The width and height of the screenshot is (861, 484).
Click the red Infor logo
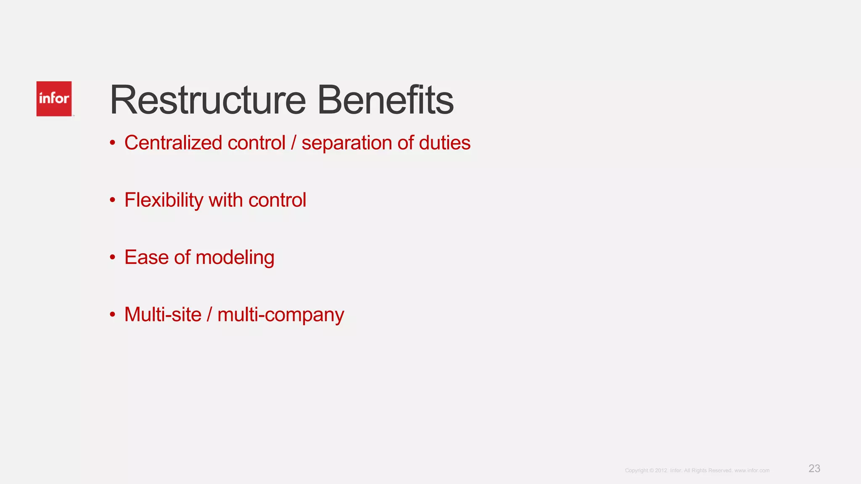coord(54,99)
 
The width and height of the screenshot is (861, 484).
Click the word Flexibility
coord(164,200)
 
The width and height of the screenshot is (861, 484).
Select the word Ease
coord(146,257)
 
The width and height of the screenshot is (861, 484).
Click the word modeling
coord(235,258)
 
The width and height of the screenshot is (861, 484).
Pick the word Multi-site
coord(163,315)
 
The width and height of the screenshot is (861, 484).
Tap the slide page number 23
coord(814,468)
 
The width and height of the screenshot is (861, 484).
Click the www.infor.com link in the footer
coord(752,471)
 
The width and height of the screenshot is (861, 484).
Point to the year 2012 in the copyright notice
coord(661,471)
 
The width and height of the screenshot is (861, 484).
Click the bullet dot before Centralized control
coord(112,143)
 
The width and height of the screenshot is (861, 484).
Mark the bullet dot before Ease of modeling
coord(112,258)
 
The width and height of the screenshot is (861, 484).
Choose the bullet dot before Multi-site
coord(112,315)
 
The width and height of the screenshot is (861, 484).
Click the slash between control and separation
coord(293,143)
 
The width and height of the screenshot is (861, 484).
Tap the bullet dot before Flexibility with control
coord(112,200)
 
